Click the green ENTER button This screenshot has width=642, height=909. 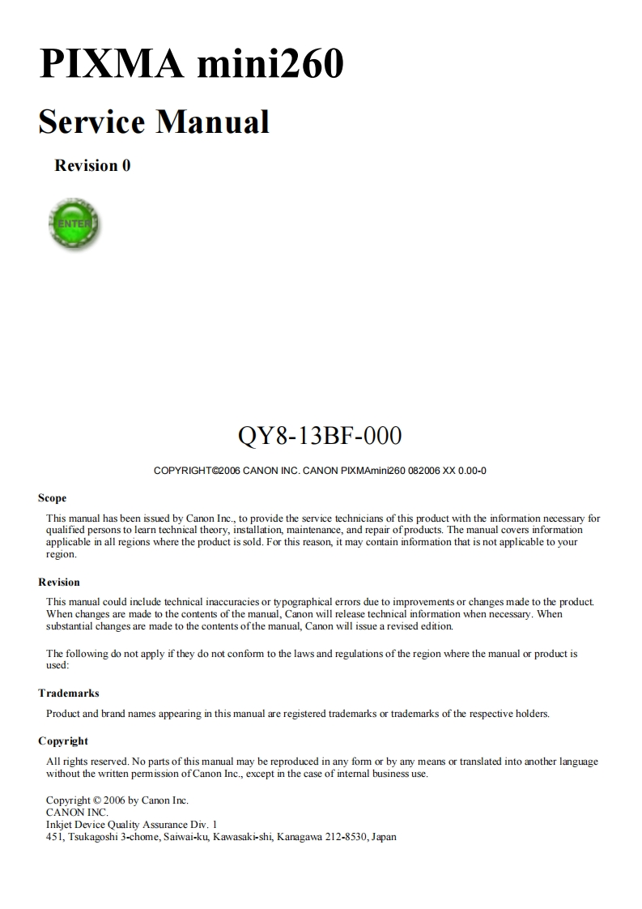pyautogui.click(x=75, y=223)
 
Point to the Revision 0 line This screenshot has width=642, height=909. pyautogui.click(x=92, y=166)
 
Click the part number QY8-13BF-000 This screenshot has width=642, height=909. pyautogui.click(x=320, y=436)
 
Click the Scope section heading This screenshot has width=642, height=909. pyautogui.click(x=53, y=498)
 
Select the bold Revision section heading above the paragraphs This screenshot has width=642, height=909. pyautogui.click(x=59, y=583)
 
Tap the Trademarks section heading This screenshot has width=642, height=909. pyautogui.click(x=69, y=693)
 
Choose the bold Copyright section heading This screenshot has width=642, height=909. pyautogui.click(x=63, y=741)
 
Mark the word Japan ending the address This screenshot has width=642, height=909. pyautogui.click(x=384, y=837)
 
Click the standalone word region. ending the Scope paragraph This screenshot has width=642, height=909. pyautogui.click(x=62, y=555)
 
